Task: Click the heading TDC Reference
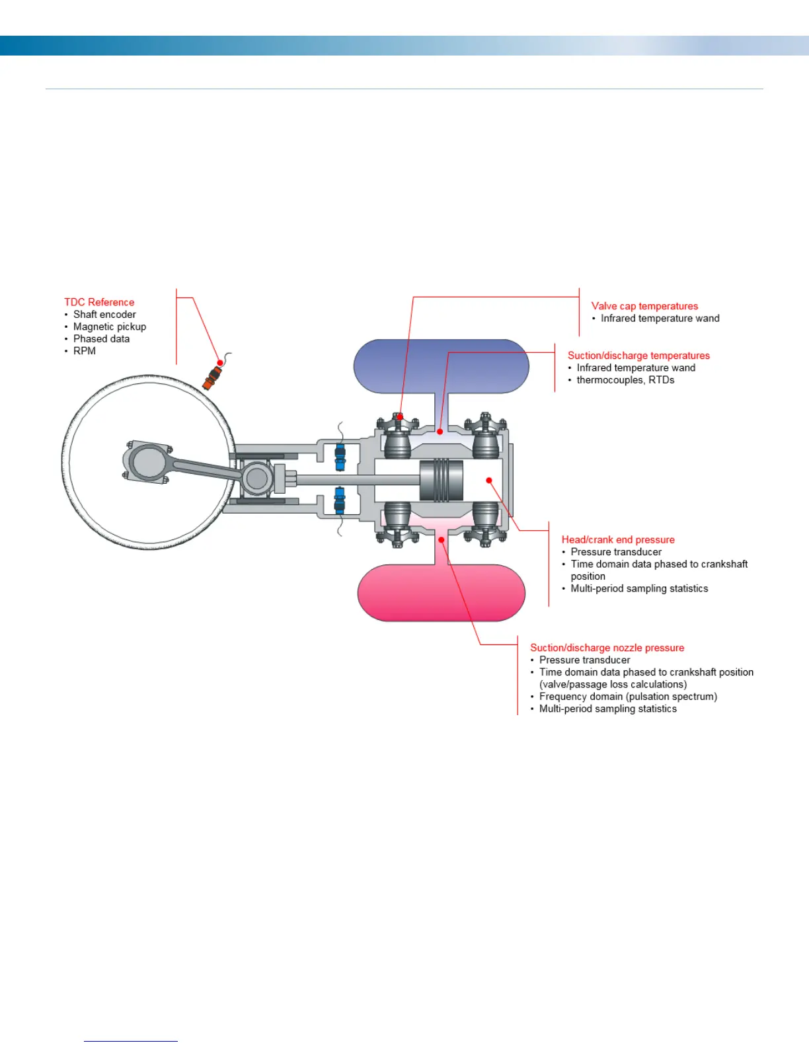pos(99,302)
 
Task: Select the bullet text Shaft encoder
pos(104,315)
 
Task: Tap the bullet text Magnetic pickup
pos(110,327)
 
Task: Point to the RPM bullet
pos(85,351)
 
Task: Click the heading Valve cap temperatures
pos(644,306)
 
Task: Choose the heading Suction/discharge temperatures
pos(638,356)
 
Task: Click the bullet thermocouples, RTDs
pos(625,380)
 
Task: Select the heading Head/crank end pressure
pos(618,540)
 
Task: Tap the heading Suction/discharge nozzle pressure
pos(607,648)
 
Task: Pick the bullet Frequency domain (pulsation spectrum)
pos(628,697)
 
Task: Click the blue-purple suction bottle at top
pos(441,366)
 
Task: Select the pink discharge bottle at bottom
pos(441,593)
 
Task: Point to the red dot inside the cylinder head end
pos(489,481)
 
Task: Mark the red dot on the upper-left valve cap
pos(400,416)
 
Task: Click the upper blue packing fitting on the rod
pos(340,457)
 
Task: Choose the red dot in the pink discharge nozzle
pos(442,539)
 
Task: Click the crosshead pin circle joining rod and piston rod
pos(256,479)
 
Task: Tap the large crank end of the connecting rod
pos(147,461)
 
